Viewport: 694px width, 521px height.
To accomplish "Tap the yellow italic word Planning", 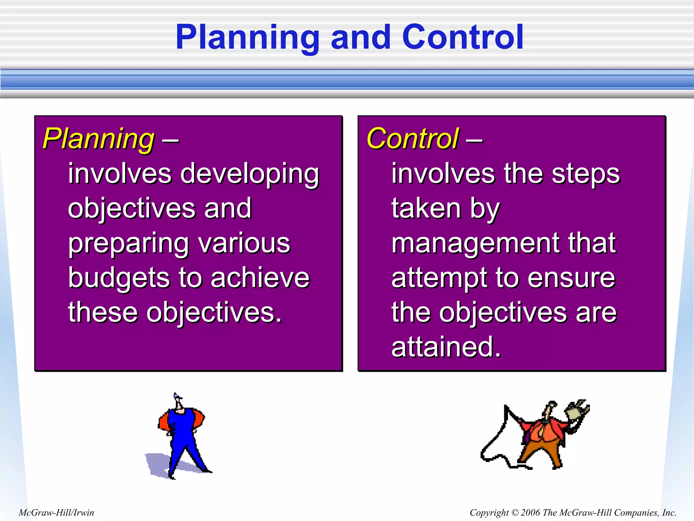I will (x=99, y=139).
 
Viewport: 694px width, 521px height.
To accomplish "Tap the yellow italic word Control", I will (x=413, y=139).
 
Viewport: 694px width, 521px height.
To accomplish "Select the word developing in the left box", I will (x=250, y=174).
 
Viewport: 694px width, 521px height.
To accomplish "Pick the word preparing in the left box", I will (x=128, y=244).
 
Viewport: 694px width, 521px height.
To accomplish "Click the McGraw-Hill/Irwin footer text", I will (x=56, y=512).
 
